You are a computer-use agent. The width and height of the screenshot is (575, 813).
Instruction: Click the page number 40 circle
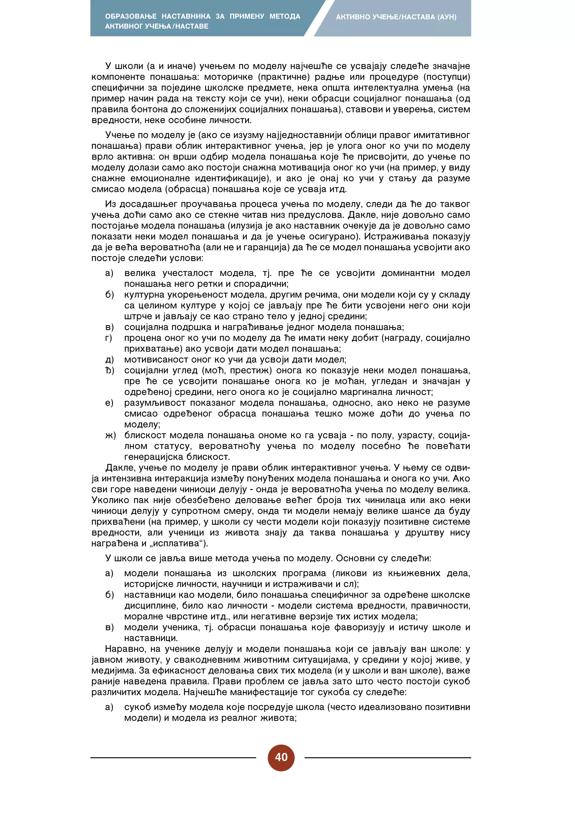point(281,757)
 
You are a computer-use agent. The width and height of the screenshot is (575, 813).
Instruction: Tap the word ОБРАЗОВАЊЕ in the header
point(131,16)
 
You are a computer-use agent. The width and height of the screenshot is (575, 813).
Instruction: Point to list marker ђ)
point(110,370)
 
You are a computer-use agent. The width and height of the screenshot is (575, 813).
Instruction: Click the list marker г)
point(109,338)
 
